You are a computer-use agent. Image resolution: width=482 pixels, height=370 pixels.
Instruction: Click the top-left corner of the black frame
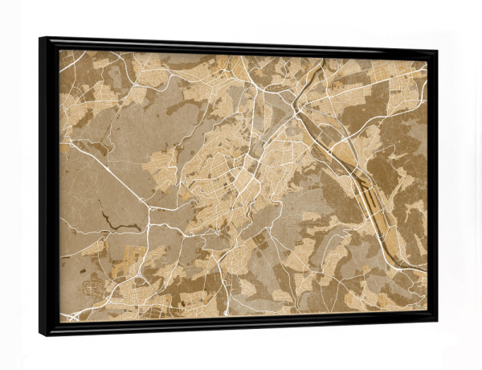point(40,38)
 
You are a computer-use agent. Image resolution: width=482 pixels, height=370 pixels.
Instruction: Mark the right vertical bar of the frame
point(431,185)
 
